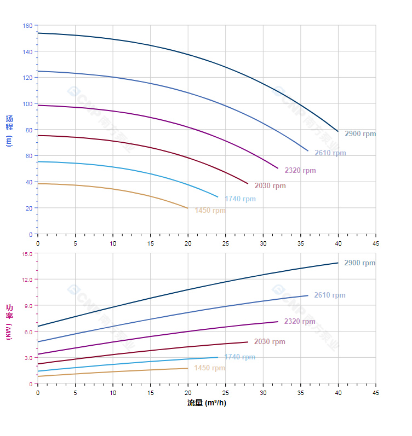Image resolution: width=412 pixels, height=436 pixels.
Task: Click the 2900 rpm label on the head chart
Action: [x=360, y=134]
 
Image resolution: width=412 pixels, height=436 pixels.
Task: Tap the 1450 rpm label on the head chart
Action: [x=210, y=211]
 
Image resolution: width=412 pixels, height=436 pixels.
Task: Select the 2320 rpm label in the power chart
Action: [x=300, y=322]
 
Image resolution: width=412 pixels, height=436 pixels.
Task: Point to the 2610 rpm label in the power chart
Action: [x=329, y=295]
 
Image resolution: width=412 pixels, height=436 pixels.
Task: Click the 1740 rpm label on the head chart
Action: [x=240, y=199]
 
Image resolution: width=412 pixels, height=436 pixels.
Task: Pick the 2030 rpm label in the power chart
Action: [x=270, y=342]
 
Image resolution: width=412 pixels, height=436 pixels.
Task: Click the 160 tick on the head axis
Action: [x=27, y=26]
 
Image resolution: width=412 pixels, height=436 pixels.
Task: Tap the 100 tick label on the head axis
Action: [x=27, y=104]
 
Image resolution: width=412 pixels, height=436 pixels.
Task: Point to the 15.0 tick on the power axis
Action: [x=27, y=253]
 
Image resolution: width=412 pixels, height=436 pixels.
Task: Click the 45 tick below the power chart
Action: [x=375, y=393]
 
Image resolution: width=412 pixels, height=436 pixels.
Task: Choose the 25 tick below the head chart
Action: [x=225, y=243]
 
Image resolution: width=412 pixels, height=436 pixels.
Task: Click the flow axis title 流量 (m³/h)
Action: [x=207, y=403]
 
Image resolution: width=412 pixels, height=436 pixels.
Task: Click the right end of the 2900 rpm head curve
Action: [x=338, y=131]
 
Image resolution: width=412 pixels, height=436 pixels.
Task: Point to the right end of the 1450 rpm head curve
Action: [x=188, y=208]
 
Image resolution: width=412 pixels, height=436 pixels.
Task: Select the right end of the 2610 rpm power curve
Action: [x=308, y=295]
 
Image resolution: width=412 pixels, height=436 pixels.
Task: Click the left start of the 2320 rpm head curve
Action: [x=38, y=105]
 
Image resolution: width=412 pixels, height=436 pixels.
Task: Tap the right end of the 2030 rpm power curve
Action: [x=248, y=342]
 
